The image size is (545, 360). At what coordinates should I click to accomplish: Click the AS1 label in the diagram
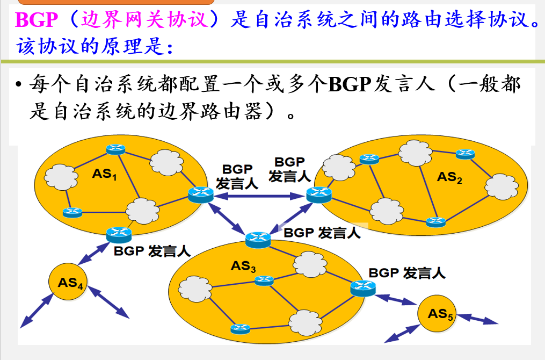point(104,174)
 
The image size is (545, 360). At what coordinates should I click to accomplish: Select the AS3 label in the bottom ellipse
point(243,265)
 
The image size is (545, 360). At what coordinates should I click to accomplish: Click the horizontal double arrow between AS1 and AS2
point(260,197)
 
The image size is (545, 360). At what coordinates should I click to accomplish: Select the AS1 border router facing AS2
point(201,194)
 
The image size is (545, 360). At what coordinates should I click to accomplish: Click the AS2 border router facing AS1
point(319,195)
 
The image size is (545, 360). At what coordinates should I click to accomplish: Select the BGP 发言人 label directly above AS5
point(407,273)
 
